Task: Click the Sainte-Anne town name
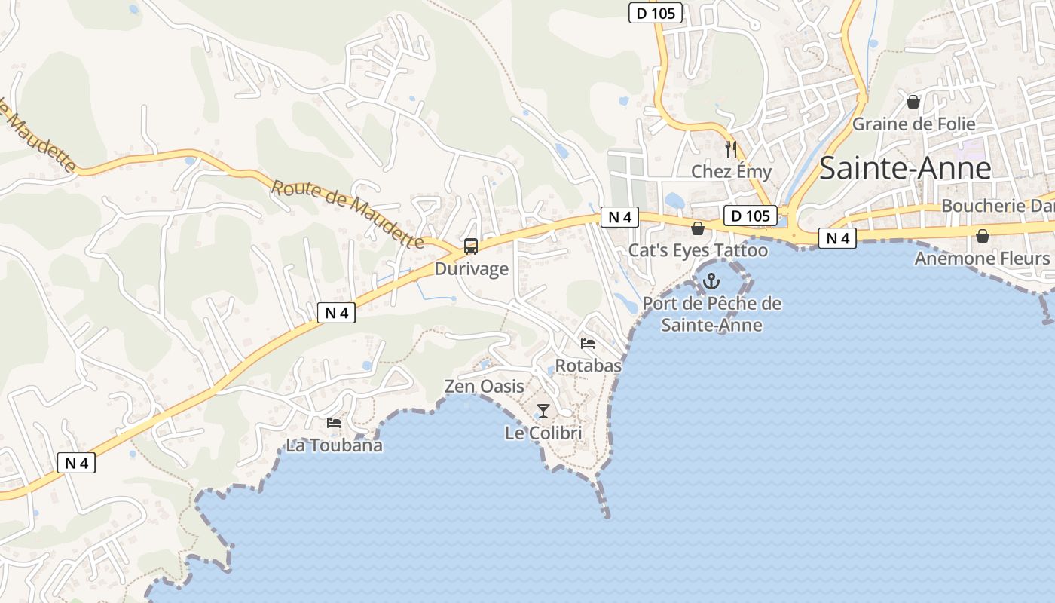click(x=905, y=167)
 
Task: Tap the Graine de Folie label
click(x=913, y=124)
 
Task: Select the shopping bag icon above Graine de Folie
click(x=913, y=101)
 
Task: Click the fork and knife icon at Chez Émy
click(x=730, y=148)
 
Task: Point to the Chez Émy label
click(x=732, y=172)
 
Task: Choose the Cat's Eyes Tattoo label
click(x=699, y=250)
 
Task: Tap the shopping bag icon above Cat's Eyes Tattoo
click(x=698, y=228)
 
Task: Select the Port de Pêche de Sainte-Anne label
click(x=712, y=314)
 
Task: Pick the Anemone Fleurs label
click(x=982, y=259)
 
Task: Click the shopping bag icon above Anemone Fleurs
click(x=982, y=236)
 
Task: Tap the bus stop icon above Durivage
click(x=471, y=246)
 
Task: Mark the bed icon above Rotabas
click(x=588, y=344)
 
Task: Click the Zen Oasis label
click(x=485, y=387)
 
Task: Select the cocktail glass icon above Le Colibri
click(x=543, y=411)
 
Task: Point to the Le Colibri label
click(x=543, y=433)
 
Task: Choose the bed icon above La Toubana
click(x=334, y=423)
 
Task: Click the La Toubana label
click(x=334, y=445)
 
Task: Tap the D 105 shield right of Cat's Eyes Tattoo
click(x=751, y=216)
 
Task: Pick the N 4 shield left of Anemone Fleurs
click(x=837, y=239)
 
